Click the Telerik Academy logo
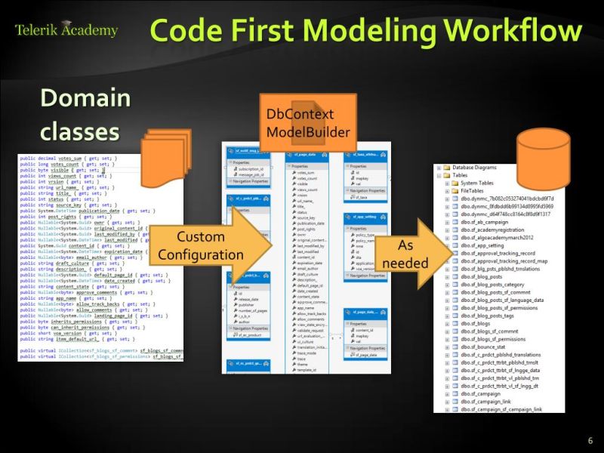point(66,30)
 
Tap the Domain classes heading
point(85,113)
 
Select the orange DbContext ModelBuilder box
point(308,121)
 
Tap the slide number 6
point(590,441)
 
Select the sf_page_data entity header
point(313,155)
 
